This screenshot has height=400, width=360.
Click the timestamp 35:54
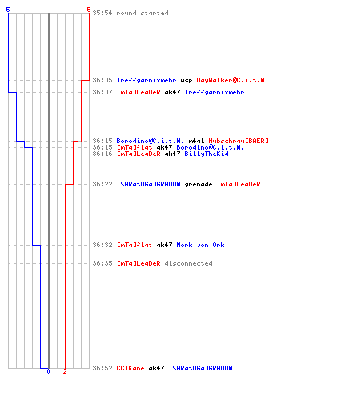pyautogui.click(x=102, y=13)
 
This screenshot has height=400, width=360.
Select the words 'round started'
pyautogui.click(x=142, y=13)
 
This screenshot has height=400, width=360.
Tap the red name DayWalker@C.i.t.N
pyautogui.click(x=230, y=80)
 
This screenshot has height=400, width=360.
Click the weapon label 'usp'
pyautogui.click(x=186, y=81)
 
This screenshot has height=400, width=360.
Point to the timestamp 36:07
pyautogui.click(x=102, y=92)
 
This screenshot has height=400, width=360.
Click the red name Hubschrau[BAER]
pyautogui.click(x=238, y=141)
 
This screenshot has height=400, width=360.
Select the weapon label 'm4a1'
pyautogui.click(x=196, y=141)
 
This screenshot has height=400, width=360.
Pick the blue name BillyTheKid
pyautogui.click(x=206, y=154)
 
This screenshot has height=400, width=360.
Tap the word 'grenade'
pyautogui.click(x=198, y=185)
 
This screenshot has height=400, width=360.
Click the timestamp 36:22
pyautogui.click(x=102, y=184)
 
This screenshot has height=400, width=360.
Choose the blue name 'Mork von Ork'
pyautogui.click(x=200, y=245)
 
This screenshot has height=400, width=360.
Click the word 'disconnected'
pyautogui.click(x=189, y=263)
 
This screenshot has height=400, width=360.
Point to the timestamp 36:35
pyautogui.click(x=102, y=263)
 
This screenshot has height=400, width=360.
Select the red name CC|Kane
pyautogui.click(x=130, y=368)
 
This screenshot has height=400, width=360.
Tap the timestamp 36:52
pyautogui.click(x=102, y=368)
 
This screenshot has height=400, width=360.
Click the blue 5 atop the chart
pyautogui.click(x=8, y=10)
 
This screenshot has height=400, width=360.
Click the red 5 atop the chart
pyautogui.click(x=89, y=10)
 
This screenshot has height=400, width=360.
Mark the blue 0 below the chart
pyautogui.click(x=48, y=371)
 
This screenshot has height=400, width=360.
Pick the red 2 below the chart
pyautogui.click(x=65, y=371)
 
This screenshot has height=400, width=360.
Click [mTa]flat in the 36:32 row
pyautogui.click(x=134, y=245)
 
